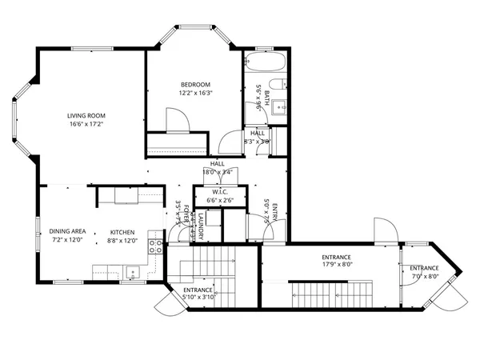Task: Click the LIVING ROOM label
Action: point(86,115)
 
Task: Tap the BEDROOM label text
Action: point(195,85)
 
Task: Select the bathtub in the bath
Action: point(265,63)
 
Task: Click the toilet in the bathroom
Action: point(277,86)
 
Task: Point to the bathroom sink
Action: point(278,110)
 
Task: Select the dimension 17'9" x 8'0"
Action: point(337,264)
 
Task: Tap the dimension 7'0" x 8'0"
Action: point(424,277)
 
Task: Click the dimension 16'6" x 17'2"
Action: point(86,124)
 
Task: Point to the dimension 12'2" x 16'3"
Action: point(195,94)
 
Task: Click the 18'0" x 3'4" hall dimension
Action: point(217,172)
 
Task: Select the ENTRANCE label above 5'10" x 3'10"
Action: point(198,289)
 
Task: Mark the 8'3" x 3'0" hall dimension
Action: point(258,141)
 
